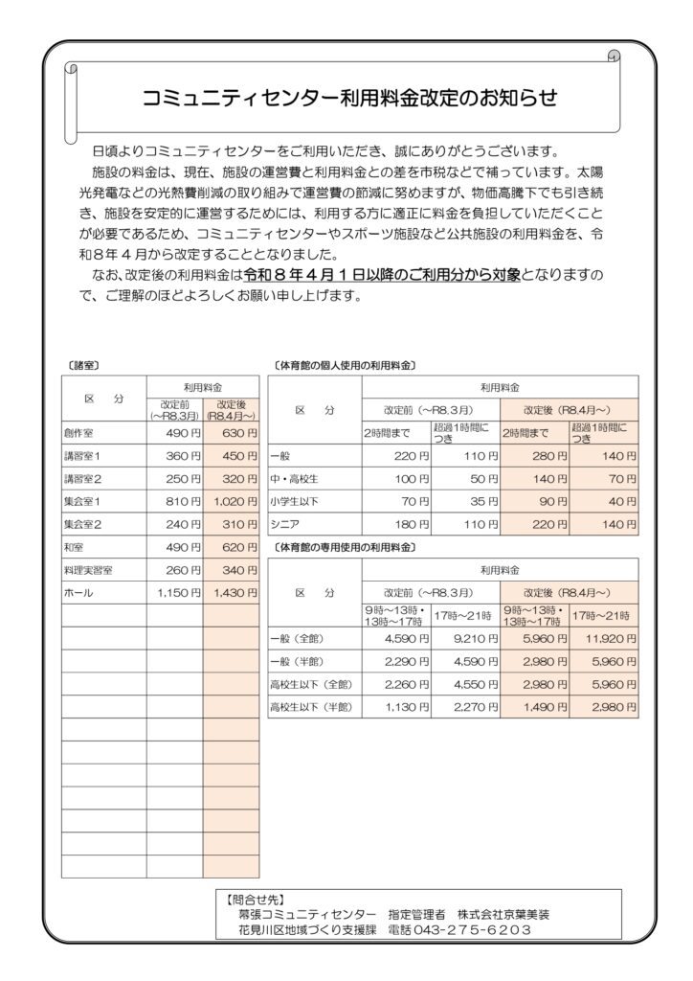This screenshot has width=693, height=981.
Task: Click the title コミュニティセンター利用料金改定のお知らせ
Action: click(x=349, y=98)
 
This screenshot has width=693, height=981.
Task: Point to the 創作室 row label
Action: click(x=78, y=432)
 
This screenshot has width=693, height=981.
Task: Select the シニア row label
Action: click(x=286, y=525)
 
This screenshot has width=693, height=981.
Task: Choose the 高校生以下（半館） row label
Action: click(x=312, y=708)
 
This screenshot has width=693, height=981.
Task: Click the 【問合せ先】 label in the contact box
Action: click(x=250, y=901)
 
